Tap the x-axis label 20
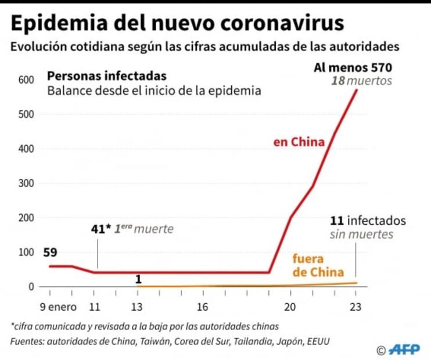[290, 307]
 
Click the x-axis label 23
[355, 307]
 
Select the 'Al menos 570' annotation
[353, 67]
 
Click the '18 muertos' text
[361, 81]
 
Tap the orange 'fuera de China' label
[317, 265]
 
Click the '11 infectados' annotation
[367, 221]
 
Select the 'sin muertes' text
[361, 235]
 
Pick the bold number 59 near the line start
[50, 253]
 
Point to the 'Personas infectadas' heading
[106, 76]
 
